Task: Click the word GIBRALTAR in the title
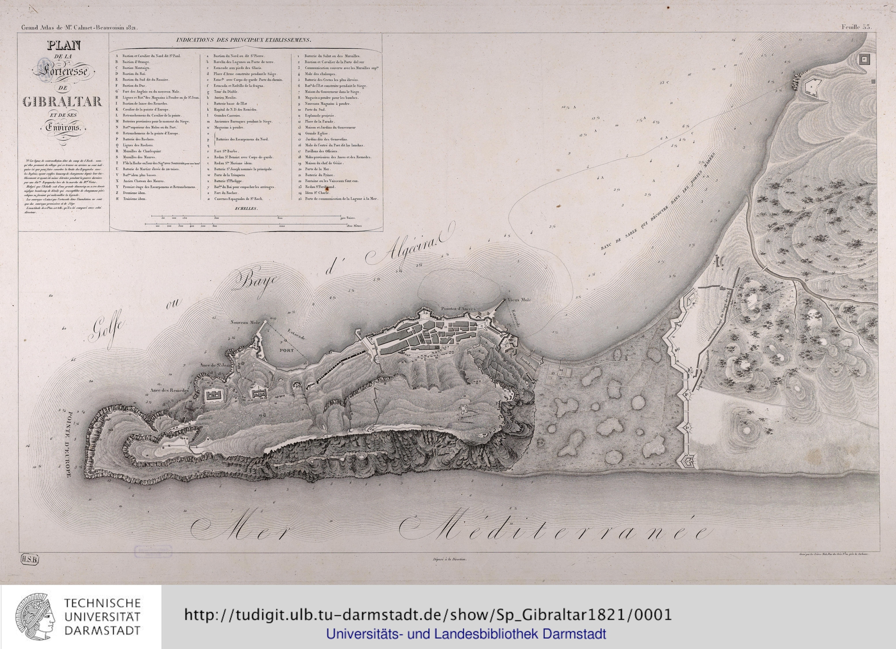click(62, 102)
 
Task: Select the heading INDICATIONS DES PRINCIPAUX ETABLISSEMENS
click(244, 41)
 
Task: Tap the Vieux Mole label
click(519, 300)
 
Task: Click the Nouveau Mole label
click(245, 323)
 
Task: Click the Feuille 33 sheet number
click(856, 27)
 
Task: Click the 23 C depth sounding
click(664, 83)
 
